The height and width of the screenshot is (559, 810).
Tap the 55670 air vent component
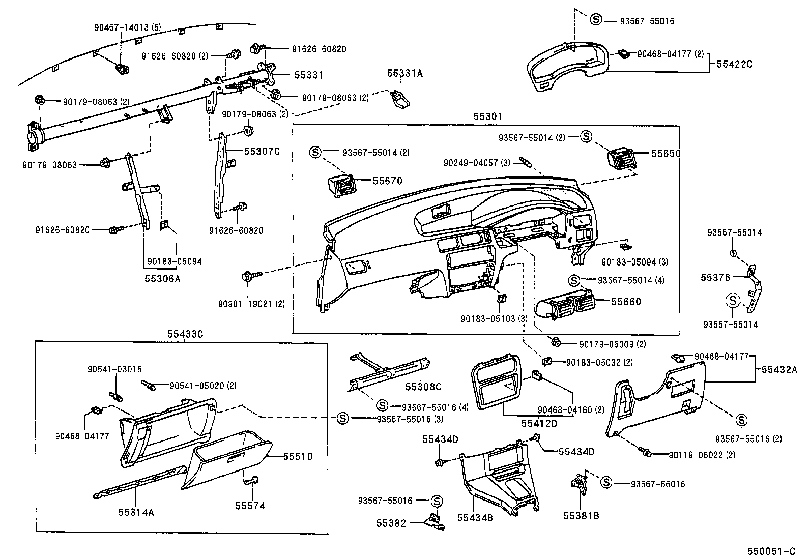(342, 186)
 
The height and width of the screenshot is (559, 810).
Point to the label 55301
(487, 117)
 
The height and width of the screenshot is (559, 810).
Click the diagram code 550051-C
(770, 551)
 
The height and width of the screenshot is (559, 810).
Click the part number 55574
(250, 506)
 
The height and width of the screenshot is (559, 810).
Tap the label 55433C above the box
(185, 334)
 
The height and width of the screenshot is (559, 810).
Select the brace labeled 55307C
(220, 173)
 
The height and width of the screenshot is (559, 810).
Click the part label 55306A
(162, 279)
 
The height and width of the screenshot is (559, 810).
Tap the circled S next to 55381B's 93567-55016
(606, 482)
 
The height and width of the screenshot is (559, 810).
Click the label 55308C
(423, 387)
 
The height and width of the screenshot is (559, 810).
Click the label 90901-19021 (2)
(251, 304)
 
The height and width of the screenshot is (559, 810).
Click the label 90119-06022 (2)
(702, 455)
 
